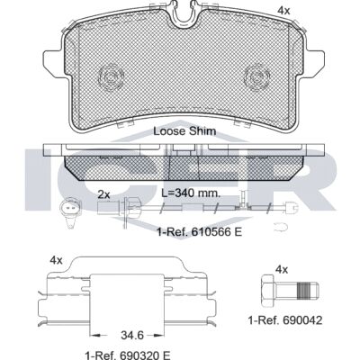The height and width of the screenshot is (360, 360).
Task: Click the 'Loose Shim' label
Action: click(x=184, y=131)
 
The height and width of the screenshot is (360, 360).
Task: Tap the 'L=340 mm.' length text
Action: click(x=191, y=193)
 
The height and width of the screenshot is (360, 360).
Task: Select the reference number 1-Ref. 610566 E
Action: click(x=200, y=232)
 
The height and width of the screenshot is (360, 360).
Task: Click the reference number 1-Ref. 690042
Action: click(x=285, y=320)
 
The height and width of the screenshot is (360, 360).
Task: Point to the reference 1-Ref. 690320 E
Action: click(x=128, y=355)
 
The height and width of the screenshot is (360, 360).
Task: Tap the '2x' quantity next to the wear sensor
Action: click(x=103, y=195)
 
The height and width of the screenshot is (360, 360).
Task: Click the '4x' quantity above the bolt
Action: click(x=282, y=270)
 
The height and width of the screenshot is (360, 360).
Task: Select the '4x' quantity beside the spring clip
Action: click(x=56, y=260)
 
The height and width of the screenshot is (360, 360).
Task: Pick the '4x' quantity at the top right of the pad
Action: click(x=283, y=11)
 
